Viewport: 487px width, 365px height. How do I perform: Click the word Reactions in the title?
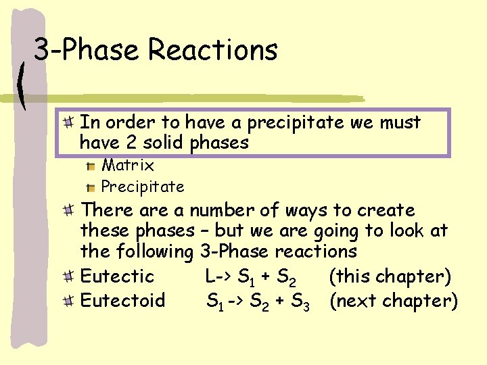click(x=212, y=50)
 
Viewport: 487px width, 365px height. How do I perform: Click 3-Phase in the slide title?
click(x=87, y=50)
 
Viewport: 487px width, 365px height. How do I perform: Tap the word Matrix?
click(x=128, y=165)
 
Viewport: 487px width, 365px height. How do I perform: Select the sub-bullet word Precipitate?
click(x=143, y=186)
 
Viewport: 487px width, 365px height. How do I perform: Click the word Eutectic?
click(x=117, y=276)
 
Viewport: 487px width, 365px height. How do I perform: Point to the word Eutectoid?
click(x=122, y=300)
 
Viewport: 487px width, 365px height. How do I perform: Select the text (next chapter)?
click(x=394, y=300)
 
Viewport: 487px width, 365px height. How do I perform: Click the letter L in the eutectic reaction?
click(x=210, y=276)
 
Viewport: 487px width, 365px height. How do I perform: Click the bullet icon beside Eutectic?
click(x=68, y=276)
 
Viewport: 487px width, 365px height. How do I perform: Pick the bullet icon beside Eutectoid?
click(x=68, y=300)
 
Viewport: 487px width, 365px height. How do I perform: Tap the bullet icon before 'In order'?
click(x=68, y=123)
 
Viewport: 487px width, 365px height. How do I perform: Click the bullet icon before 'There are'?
click(x=68, y=211)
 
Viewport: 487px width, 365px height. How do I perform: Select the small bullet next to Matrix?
click(x=90, y=166)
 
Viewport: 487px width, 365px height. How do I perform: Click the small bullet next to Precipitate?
click(x=90, y=187)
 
